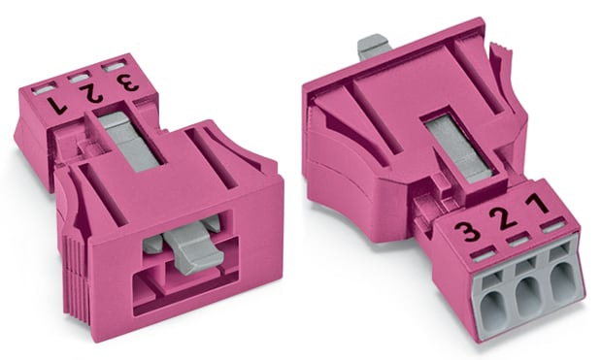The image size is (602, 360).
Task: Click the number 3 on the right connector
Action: point(471,232)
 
